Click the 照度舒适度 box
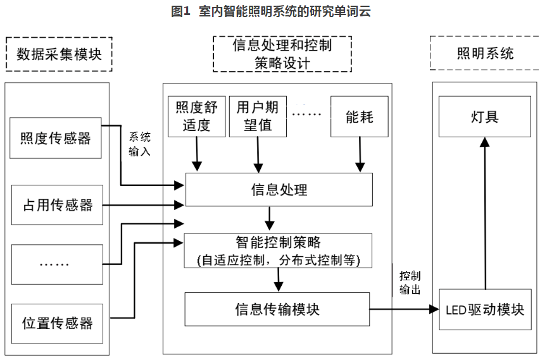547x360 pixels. point(197,116)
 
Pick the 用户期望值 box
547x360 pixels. point(257,116)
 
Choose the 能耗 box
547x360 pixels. point(360,116)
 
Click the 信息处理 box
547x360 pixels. point(279,189)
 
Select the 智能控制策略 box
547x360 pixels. point(278,251)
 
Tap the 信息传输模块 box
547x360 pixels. point(277,309)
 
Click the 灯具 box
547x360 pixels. point(484,116)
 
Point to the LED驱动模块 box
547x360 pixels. point(485,309)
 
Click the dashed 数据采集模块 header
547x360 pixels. point(59,54)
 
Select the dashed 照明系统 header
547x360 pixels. point(485,53)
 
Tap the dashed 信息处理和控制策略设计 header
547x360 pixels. point(282,54)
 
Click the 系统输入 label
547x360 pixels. point(140,144)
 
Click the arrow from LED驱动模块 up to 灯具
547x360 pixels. point(485,215)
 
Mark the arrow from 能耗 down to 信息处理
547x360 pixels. point(360,154)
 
